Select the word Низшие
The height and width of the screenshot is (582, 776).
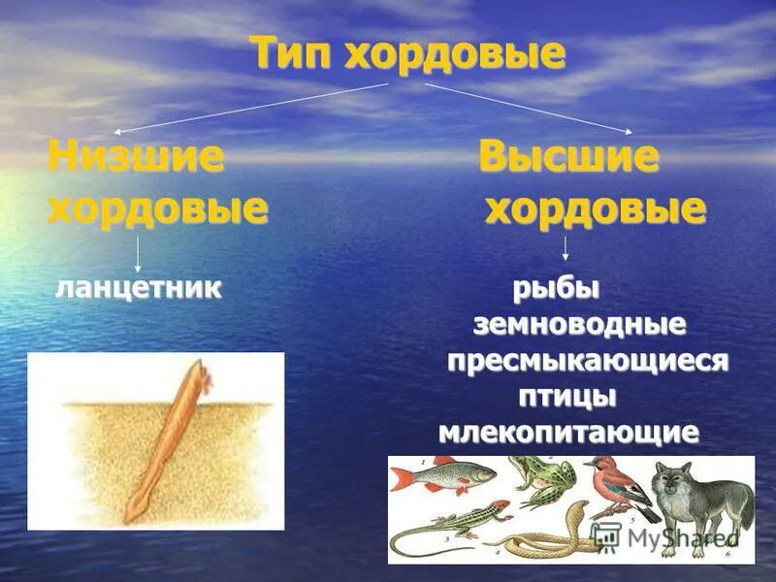coord(136,156)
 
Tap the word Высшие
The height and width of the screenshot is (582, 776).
coord(568,157)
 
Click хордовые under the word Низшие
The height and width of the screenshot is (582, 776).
coord(157,208)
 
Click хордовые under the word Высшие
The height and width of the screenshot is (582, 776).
coord(595,208)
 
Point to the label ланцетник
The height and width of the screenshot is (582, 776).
coord(138,287)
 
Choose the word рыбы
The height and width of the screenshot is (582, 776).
coord(555,288)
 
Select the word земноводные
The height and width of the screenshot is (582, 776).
coord(579,324)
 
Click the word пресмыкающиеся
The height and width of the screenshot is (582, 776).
coord(587,361)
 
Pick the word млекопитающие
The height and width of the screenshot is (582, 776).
coord(568,433)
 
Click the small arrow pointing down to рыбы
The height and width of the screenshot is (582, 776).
coord(566,249)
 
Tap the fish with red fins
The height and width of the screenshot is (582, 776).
coord(442,476)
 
